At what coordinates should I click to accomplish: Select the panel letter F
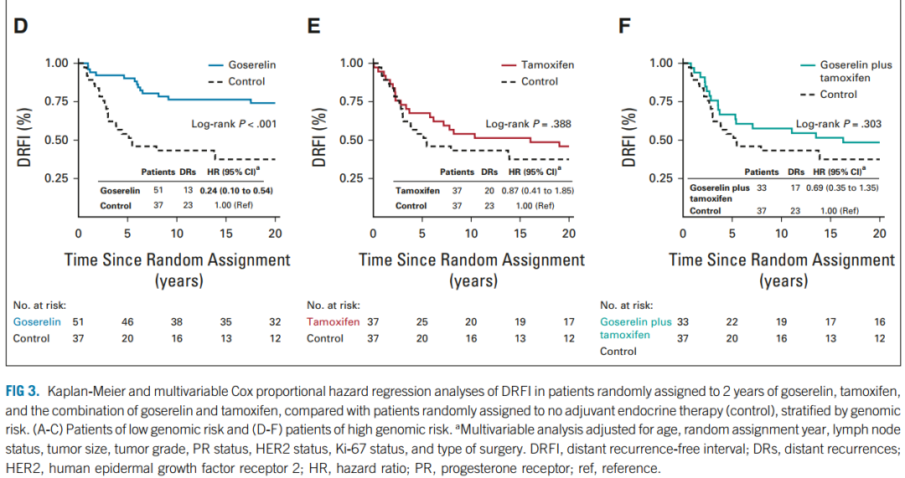(624, 26)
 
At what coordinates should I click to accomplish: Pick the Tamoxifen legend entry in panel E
(548, 64)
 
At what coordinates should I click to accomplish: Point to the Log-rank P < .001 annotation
(234, 124)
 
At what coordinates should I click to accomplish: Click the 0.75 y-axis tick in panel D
(57, 101)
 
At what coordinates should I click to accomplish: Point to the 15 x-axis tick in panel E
(520, 234)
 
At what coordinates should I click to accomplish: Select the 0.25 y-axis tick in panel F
(661, 178)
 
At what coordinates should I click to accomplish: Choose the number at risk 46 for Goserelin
(127, 321)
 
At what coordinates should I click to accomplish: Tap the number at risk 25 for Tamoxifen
(422, 321)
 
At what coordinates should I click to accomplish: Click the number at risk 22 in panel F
(732, 321)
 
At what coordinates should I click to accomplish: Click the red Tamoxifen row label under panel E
(334, 321)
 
